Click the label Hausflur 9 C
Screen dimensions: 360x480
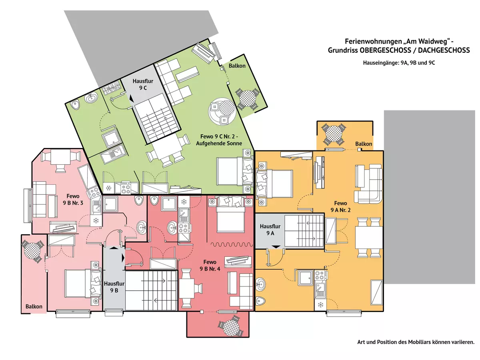pyautogui.click(x=142, y=85)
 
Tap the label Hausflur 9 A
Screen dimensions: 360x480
pyautogui.click(x=270, y=230)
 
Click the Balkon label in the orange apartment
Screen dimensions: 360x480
pyautogui.click(x=364, y=144)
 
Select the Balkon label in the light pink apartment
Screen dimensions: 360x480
pyautogui.click(x=34, y=307)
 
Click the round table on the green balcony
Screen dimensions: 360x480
pyautogui.click(x=247, y=98)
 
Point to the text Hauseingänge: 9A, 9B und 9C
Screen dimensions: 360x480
pyautogui.click(x=399, y=63)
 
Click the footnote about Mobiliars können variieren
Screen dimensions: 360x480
pyautogui.click(x=416, y=342)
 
